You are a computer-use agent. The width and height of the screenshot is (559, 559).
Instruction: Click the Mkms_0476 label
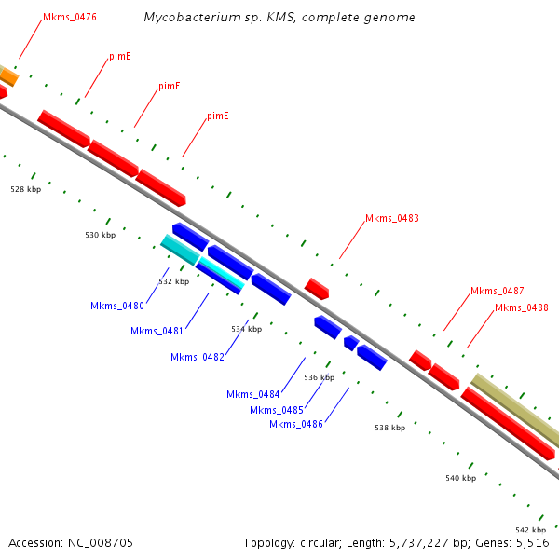click(x=70, y=18)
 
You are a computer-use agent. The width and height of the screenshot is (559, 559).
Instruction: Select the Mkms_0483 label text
click(x=391, y=219)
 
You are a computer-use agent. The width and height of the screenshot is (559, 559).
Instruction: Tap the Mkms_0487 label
click(x=497, y=291)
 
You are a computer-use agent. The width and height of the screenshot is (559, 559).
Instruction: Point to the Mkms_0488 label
click(x=521, y=307)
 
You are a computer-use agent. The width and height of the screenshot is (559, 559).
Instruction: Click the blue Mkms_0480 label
click(x=117, y=306)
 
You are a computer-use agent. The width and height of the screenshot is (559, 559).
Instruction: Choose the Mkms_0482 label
click(x=198, y=357)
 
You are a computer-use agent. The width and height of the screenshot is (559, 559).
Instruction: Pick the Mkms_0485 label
click(x=277, y=410)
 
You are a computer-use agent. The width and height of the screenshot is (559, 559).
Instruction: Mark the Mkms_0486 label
click(x=296, y=424)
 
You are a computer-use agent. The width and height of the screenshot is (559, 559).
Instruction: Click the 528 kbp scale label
click(x=26, y=189)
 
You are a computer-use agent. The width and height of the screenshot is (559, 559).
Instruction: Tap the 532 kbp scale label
click(x=173, y=281)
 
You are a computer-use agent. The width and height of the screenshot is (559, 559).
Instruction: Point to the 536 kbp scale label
click(x=319, y=377)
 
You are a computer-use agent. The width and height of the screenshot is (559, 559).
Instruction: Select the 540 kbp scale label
click(x=460, y=478)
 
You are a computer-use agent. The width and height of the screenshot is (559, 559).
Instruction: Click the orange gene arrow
click(x=7, y=75)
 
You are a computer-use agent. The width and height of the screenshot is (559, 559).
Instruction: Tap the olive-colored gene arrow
click(x=515, y=411)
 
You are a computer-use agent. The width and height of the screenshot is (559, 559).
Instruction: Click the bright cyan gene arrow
click(x=221, y=275)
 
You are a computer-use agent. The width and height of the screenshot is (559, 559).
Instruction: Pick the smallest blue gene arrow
click(x=350, y=343)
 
